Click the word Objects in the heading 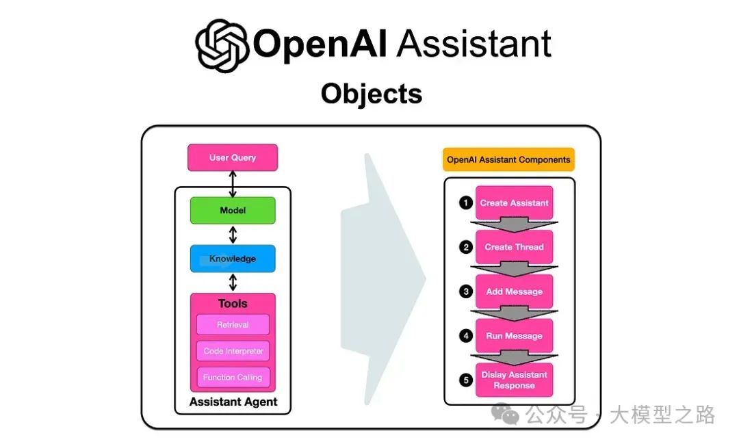[x=372, y=94]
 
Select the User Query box [x=233, y=157]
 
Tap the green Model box [x=233, y=211]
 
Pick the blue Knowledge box [x=233, y=259]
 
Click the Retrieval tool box [x=233, y=325]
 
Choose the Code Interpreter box [x=233, y=352]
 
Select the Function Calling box [x=233, y=378]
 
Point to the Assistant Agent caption [x=233, y=402]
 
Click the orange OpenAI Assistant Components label [x=508, y=159]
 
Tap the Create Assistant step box [x=514, y=203]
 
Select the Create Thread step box [x=514, y=247]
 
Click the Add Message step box [x=514, y=291]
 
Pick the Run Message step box [x=514, y=336]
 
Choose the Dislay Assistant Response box [x=514, y=380]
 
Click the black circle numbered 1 [x=466, y=203]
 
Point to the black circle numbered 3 [x=466, y=291]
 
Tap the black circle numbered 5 [x=466, y=380]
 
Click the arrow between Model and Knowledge [x=233, y=235]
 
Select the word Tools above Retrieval [x=233, y=304]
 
